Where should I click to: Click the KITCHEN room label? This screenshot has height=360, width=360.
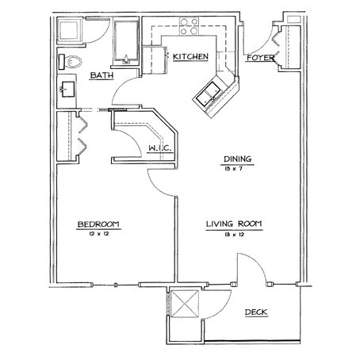tap(190, 56)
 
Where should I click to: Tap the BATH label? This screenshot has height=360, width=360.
tap(101, 75)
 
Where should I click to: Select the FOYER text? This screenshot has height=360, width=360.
tap(260, 58)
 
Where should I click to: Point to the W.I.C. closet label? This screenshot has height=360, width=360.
tap(160, 148)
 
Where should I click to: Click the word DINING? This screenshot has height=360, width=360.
tap(238, 159)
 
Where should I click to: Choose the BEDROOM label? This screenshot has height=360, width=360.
tap(98, 224)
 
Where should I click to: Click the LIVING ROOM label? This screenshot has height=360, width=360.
tap(234, 224)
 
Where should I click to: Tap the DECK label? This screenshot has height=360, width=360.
tap(256, 312)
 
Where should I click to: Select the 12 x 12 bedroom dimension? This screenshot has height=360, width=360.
tap(99, 234)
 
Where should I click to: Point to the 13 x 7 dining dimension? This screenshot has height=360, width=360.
tap(233, 169)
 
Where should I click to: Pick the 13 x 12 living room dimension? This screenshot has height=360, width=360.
tap(234, 234)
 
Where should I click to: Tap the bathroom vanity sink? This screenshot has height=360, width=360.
tap(68, 90)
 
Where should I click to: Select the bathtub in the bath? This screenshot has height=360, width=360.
tap(126, 41)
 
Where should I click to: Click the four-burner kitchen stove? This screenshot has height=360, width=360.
tap(189, 27)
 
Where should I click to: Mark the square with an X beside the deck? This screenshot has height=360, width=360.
tap(185, 303)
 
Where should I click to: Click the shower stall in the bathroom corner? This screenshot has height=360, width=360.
tap(70, 30)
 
